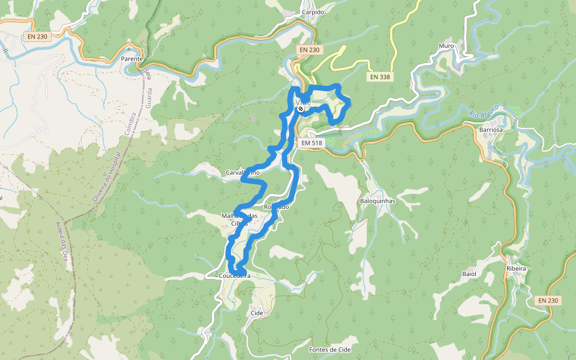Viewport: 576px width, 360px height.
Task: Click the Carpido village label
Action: tap(313, 12)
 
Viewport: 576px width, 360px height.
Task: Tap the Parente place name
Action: tap(131, 59)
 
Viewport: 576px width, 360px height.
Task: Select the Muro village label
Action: tap(446, 46)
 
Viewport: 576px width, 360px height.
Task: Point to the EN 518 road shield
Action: tap(311, 143)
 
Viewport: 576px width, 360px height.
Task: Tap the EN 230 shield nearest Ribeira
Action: tap(548, 300)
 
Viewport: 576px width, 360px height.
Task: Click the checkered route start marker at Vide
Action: tap(301, 109)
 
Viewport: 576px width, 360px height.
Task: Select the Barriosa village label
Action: tap(491, 129)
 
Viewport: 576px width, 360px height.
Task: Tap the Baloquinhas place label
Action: tap(377, 201)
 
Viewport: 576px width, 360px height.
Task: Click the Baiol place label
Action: tap(469, 274)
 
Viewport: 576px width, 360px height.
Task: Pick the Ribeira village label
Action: tap(516, 268)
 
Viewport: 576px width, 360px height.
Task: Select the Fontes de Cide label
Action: tap(329, 349)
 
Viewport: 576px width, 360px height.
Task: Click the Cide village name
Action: tap(257, 313)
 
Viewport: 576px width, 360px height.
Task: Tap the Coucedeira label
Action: tap(235, 276)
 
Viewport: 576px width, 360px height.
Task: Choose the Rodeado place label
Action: tap(276, 206)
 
